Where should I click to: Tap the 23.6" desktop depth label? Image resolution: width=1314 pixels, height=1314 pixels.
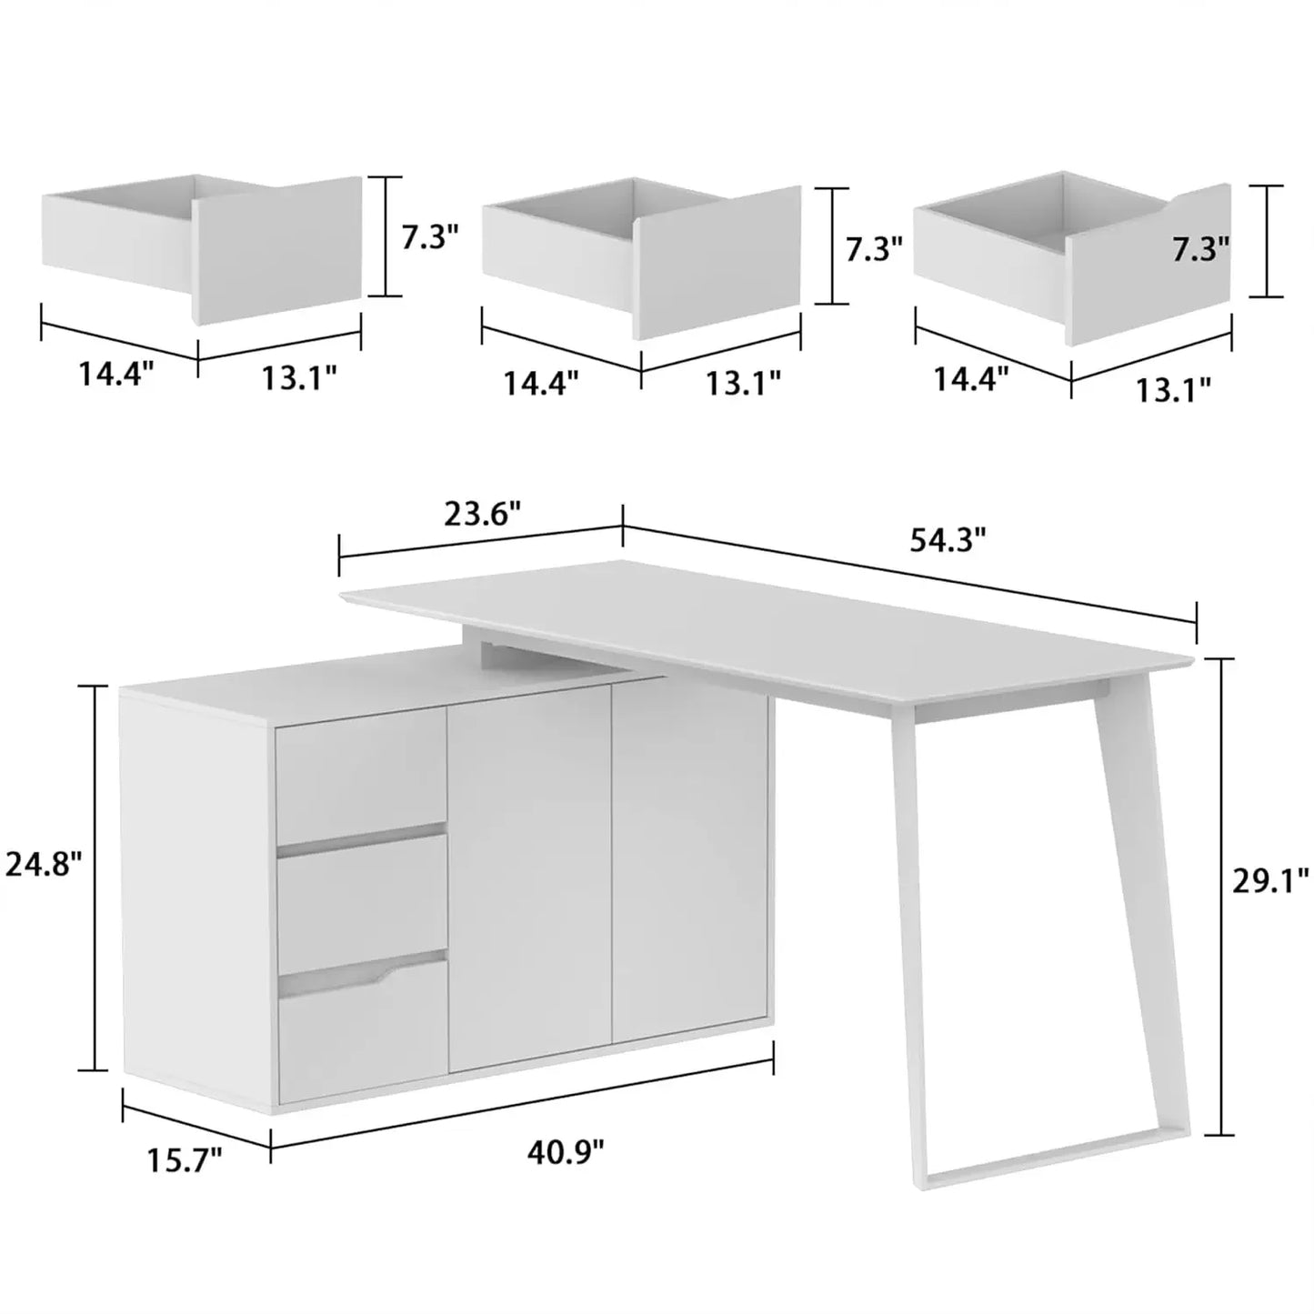pos(482,515)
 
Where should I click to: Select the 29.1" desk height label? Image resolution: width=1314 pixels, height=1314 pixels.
pos(1269,881)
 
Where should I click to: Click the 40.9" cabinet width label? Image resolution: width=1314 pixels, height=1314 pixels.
pos(566,1152)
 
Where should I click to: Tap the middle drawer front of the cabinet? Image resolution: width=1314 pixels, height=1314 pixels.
pos(362,902)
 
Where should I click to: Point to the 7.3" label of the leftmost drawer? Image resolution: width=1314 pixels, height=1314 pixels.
pos(430,238)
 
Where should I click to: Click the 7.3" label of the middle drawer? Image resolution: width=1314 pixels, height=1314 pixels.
pos(874,248)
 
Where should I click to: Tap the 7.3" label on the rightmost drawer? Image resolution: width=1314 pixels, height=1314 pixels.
pos(1200,247)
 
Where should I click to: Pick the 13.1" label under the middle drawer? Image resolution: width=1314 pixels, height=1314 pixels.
pos(744,384)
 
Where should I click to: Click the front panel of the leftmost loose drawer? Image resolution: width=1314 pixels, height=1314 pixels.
pos(277,250)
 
